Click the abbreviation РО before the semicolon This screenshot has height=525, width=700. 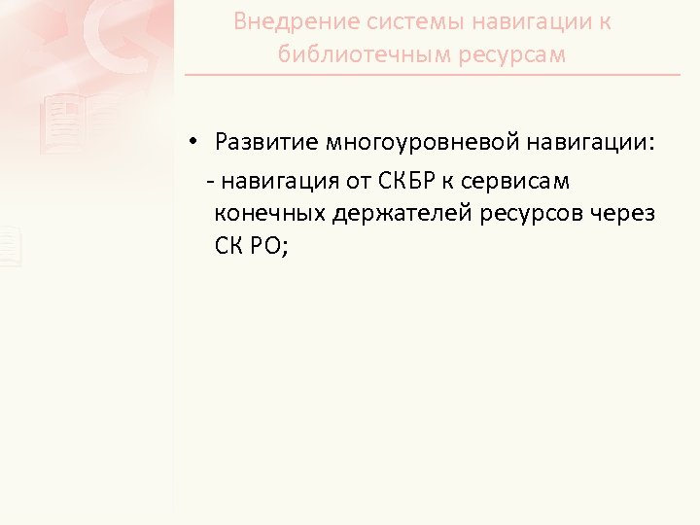tap(268, 246)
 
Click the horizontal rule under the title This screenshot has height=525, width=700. tap(433, 75)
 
